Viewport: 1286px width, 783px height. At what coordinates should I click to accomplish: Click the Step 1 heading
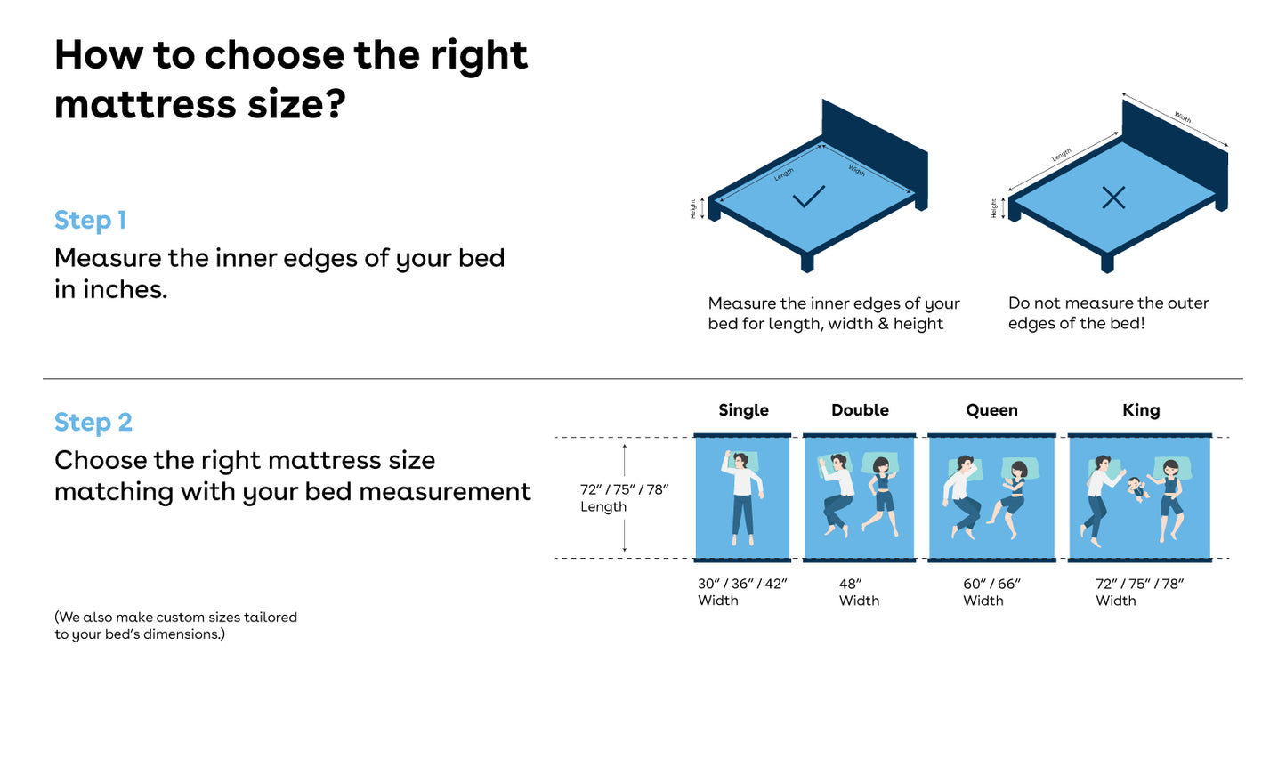90,220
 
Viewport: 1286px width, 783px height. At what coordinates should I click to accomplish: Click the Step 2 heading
93,422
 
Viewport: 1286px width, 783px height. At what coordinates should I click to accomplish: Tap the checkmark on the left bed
808,197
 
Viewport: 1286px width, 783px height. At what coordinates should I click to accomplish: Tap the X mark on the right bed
1113,198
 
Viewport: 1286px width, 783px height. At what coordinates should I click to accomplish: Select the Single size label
743,410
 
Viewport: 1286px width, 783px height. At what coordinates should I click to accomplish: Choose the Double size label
860,410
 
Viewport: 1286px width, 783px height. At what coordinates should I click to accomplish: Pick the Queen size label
991,410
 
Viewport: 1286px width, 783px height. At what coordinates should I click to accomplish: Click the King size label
1141,410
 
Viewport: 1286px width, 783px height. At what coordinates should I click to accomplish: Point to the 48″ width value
850,584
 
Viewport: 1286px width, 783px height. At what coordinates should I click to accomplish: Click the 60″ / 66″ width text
991,584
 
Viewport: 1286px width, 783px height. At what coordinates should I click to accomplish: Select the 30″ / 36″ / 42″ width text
742,584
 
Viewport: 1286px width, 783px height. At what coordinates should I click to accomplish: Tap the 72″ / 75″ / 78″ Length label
624,497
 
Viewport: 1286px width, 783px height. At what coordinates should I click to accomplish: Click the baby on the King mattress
1136,488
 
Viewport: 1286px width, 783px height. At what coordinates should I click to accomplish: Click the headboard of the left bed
874,142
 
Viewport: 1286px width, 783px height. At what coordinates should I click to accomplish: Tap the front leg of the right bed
1107,262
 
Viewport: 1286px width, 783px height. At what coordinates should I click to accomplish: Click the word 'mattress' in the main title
145,105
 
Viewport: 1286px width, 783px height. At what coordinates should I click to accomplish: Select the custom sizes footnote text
175,626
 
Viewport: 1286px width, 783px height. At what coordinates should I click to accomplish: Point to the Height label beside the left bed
693,208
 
